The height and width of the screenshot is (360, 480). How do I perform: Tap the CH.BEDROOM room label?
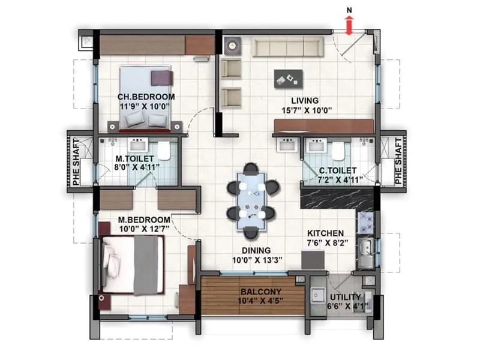tap(146, 97)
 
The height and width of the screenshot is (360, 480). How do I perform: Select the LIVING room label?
tap(305, 101)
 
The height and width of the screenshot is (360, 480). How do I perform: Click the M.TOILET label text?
tap(139, 160)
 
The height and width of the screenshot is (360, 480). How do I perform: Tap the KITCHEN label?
tap(325, 233)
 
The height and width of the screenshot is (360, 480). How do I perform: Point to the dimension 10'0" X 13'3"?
tap(257, 260)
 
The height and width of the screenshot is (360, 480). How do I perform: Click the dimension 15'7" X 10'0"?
tap(304, 110)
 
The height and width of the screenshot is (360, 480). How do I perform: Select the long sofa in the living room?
tap(286, 47)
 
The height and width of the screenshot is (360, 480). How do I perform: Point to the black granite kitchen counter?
tap(336, 199)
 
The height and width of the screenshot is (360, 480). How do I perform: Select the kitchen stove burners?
tap(366, 224)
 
